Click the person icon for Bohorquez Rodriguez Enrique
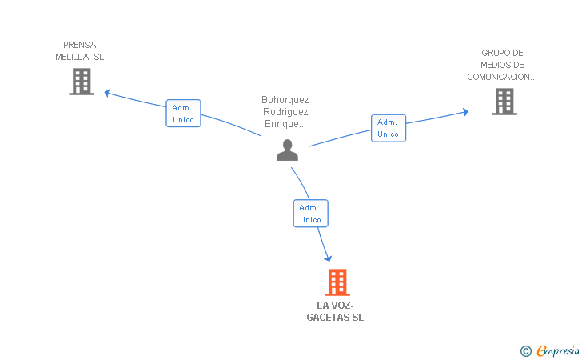pyautogui.click(x=287, y=150)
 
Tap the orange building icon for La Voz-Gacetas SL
pyautogui.click(x=337, y=282)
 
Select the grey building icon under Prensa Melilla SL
pyautogui.click(x=82, y=82)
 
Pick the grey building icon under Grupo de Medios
pyautogui.click(x=504, y=102)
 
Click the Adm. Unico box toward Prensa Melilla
pyautogui.click(x=183, y=114)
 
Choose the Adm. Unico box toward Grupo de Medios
pyautogui.click(x=389, y=128)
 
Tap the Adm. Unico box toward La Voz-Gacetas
pyautogui.click(x=311, y=214)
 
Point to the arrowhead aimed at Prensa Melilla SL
pyautogui.click(x=107, y=93)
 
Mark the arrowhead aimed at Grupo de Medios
pyautogui.click(x=465, y=112)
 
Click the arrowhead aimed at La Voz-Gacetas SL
pyautogui.click(x=328, y=258)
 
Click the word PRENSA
pyautogui.click(x=79, y=45)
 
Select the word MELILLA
pyautogui.click(x=72, y=57)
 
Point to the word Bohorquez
pyautogui.click(x=285, y=99)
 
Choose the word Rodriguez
pyautogui.click(x=285, y=112)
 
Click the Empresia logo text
pyautogui.click(x=558, y=350)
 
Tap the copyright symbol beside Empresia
pyautogui.click(x=526, y=351)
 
